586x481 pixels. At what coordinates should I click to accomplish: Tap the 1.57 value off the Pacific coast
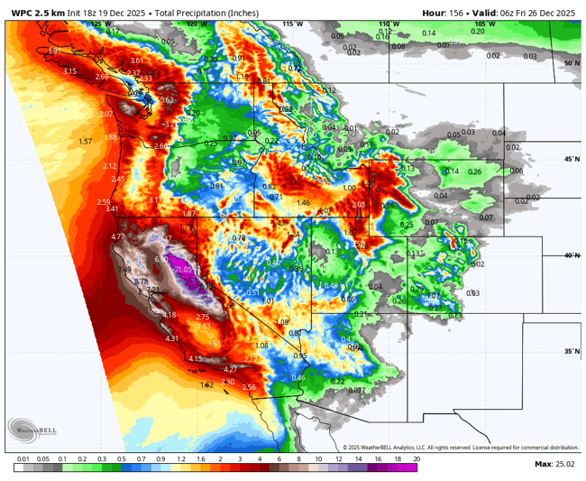(86, 142)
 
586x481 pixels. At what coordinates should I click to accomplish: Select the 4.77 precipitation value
(118, 236)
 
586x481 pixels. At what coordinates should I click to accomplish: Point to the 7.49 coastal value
(124, 270)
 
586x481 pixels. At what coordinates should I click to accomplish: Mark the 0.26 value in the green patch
(474, 172)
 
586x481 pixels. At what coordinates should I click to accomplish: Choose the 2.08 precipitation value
(359, 205)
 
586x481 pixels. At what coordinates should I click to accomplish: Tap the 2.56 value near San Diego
(250, 387)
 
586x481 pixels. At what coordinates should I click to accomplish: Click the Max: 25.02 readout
(554, 464)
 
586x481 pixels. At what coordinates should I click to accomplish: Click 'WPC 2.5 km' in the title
(38, 12)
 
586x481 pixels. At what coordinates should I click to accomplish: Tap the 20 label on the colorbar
(416, 459)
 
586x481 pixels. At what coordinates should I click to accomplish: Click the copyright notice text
(460, 447)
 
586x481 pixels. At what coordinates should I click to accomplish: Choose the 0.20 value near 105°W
(477, 31)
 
